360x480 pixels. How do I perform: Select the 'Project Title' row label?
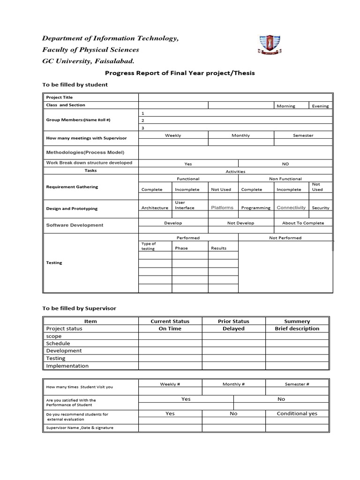60,97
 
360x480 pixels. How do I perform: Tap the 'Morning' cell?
286,106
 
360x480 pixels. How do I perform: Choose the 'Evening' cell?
321,106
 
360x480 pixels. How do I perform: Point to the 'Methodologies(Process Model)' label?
85,152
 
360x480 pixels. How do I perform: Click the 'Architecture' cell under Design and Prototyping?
155,208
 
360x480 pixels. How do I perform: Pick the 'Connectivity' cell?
291,208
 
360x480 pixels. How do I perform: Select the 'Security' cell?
321,208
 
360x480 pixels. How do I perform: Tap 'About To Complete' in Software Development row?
303,223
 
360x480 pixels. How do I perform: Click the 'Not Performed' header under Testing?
285,238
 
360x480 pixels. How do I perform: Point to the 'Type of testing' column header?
149,246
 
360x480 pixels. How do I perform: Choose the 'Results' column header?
218,248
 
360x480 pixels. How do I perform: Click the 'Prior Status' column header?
233,321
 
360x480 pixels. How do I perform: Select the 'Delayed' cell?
233,329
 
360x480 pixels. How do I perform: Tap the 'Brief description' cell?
297,329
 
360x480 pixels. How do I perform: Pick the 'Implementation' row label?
67,366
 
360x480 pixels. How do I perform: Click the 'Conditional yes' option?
297,413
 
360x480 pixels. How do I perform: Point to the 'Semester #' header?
297,384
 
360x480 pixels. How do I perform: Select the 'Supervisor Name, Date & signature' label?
79,427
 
